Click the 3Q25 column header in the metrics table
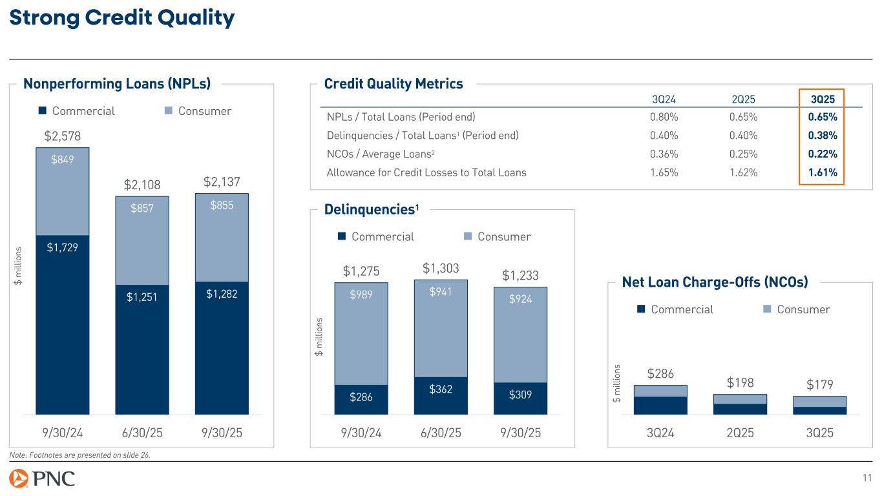click(x=822, y=99)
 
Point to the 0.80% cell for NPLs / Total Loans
click(x=664, y=118)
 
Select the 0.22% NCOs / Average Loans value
click(x=823, y=154)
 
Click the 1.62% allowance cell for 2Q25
click(x=743, y=172)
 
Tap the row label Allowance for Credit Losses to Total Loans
click(x=426, y=172)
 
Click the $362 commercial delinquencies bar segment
click(x=441, y=389)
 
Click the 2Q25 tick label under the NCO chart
click(x=740, y=433)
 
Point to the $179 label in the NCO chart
click(x=819, y=384)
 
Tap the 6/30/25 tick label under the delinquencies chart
click(x=441, y=433)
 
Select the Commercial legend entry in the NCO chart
click(x=675, y=309)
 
